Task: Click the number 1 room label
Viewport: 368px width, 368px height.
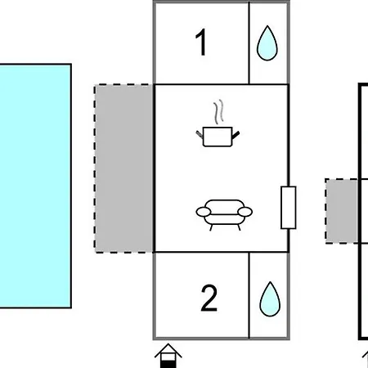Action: pyautogui.click(x=201, y=43)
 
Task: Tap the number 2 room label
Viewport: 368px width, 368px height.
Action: pyautogui.click(x=209, y=298)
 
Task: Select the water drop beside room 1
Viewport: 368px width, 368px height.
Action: pyautogui.click(x=267, y=43)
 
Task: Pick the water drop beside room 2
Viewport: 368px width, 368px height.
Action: pyautogui.click(x=270, y=299)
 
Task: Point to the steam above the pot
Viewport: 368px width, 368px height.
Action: pyautogui.click(x=218, y=112)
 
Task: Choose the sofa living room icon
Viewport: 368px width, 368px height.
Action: pyautogui.click(x=224, y=215)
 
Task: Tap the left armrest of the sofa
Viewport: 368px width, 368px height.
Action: pyautogui.click(x=204, y=212)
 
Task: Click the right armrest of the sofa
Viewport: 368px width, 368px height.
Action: pyautogui.click(x=245, y=212)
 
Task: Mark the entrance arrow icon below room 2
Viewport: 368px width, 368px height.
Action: pyautogui.click(x=168, y=356)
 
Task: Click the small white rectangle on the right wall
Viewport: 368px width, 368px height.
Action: pyautogui.click(x=289, y=208)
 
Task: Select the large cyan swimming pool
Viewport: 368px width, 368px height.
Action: pyautogui.click(x=35, y=186)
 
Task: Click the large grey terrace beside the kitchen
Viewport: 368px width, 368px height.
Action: pyautogui.click(x=124, y=168)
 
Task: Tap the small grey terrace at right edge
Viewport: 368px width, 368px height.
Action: pyautogui.click(x=342, y=211)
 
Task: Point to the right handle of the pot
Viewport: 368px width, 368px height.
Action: pyautogui.click(x=236, y=135)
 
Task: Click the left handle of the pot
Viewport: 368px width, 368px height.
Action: pyautogui.click(x=200, y=134)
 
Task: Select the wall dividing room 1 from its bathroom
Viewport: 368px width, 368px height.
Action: pyautogui.click(x=249, y=43)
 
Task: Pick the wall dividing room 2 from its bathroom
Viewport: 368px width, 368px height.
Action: pyautogui.click(x=249, y=295)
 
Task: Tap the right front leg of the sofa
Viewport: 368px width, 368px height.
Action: pyautogui.click(x=239, y=227)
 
